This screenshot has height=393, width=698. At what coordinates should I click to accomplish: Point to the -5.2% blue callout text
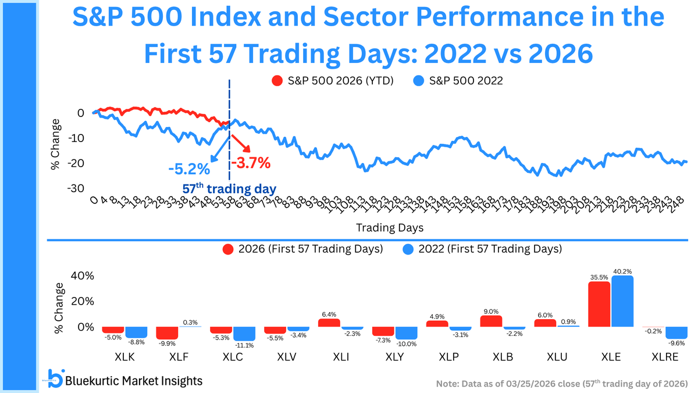pyautogui.click(x=188, y=169)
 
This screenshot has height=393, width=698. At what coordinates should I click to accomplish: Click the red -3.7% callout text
pyautogui.click(x=251, y=163)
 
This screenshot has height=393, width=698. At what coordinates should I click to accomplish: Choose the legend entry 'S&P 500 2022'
pyautogui.click(x=458, y=81)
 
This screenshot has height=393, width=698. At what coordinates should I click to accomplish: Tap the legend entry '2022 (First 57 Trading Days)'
pyautogui.click(x=482, y=249)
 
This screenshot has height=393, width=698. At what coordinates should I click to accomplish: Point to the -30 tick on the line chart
pyautogui.click(x=77, y=188)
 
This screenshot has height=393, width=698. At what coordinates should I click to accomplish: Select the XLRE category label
pyautogui.click(x=664, y=355)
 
